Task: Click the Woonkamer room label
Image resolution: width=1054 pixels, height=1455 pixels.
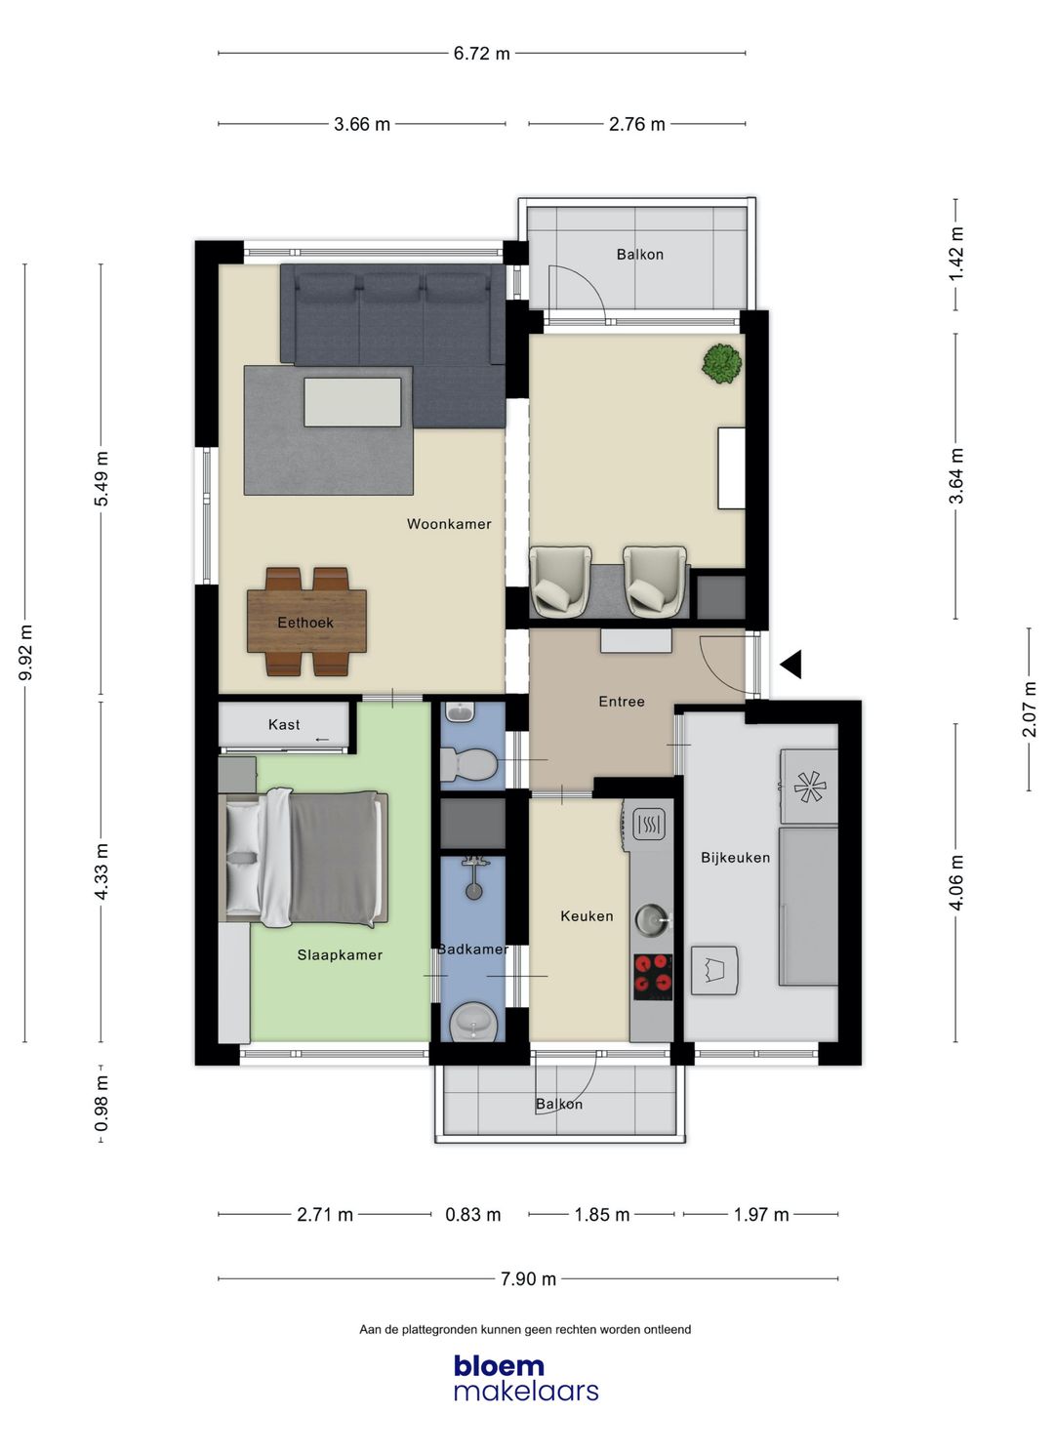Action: click(449, 524)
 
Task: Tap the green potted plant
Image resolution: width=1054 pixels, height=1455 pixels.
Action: click(721, 363)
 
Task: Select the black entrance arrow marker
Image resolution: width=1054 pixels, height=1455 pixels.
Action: click(791, 665)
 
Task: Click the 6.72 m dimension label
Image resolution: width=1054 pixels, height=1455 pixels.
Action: click(481, 54)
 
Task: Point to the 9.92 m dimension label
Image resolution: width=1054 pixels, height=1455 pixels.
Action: click(26, 653)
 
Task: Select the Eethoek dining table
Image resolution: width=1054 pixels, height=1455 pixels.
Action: click(306, 623)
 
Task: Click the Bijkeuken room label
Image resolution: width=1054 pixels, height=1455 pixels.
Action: click(735, 858)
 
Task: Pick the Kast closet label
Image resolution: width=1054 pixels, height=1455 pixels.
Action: click(284, 724)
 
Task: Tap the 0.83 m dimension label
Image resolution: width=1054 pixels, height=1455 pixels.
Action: click(473, 1215)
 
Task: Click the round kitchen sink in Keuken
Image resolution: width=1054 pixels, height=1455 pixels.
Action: click(652, 918)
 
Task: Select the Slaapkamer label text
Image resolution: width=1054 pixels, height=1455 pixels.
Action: click(340, 955)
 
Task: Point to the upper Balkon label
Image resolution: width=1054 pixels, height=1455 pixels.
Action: click(639, 255)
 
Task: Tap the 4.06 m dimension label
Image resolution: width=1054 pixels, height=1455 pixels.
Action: click(957, 882)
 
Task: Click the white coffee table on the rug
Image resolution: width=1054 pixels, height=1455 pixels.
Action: click(352, 402)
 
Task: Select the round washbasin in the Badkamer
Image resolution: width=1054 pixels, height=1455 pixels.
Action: click(474, 1024)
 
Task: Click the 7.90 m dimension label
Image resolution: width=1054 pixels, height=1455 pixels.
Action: click(528, 1279)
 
